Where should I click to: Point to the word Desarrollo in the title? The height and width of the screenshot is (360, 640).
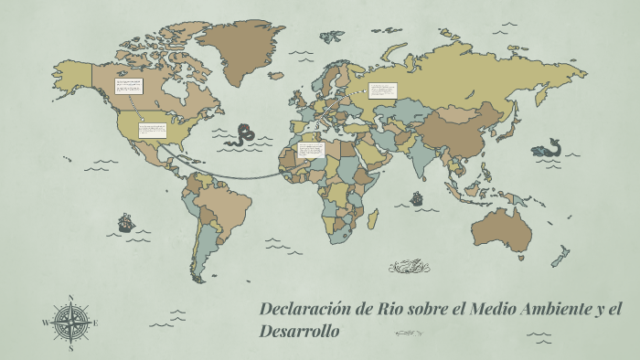(299, 331)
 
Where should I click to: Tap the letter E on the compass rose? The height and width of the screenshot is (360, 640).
(95, 323)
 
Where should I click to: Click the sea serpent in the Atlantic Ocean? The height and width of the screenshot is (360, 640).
(243, 134)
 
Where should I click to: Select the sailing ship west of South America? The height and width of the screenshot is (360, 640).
(125, 222)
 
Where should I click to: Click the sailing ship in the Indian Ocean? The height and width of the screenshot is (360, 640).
(417, 197)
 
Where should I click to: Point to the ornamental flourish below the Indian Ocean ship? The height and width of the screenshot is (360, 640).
(410, 267)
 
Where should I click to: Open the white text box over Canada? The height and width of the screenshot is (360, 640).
(128, 89)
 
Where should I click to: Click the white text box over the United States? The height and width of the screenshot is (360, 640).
(151, 130)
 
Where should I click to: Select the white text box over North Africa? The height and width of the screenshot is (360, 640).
(311, 149)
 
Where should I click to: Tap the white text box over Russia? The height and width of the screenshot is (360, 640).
(383, 90)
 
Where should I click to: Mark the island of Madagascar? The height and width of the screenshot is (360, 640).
(373, 218)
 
